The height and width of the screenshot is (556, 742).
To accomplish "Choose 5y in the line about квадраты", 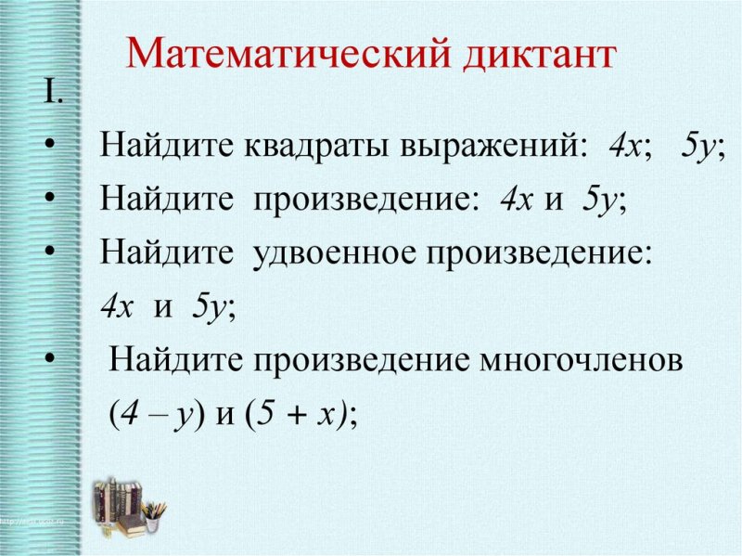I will pyautogui.click(x=700, y=148).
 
